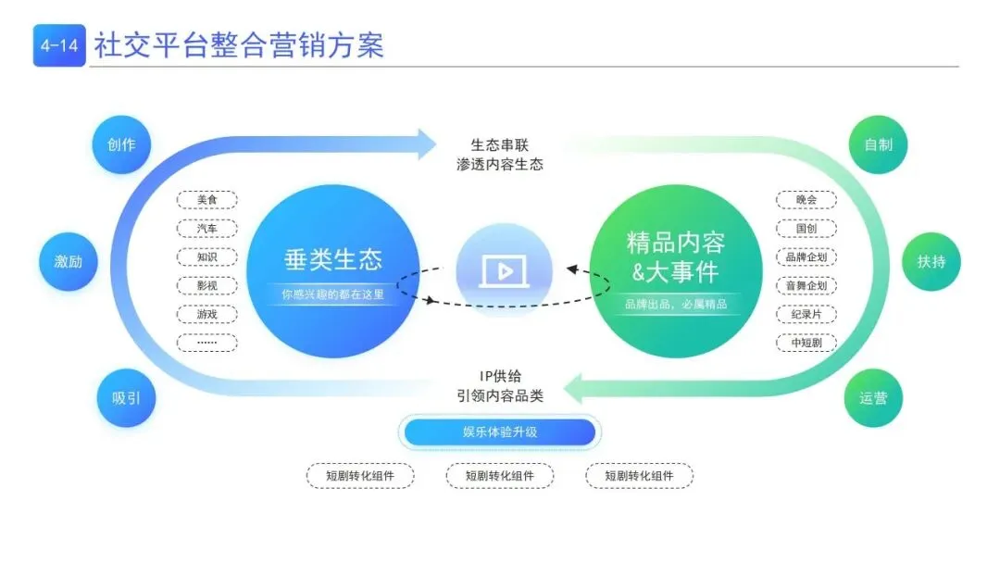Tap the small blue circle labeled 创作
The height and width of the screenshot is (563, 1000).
pos(121,144)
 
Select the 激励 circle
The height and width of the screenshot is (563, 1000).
pos(68,261)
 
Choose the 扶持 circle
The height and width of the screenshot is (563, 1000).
pos(931,261)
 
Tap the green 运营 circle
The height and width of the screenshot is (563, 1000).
pos(873,398)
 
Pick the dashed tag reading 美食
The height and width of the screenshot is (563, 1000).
pos(206,200)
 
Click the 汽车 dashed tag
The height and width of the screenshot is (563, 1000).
pos(206,229)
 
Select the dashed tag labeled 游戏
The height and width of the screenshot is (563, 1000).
pos(206,314)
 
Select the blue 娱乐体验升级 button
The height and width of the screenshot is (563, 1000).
pos(500,432)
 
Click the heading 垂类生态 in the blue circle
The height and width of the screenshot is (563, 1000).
pos(332,258)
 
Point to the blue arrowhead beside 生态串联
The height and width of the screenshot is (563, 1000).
pos(425,144)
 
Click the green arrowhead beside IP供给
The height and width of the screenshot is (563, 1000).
pos(574,387)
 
